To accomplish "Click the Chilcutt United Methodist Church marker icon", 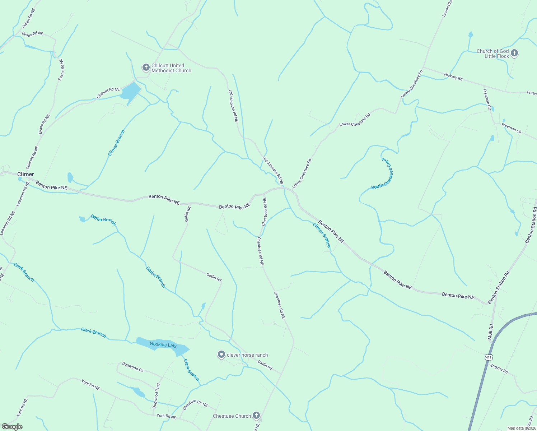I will [x=146, y=68].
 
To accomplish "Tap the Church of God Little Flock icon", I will [x=514, y=54].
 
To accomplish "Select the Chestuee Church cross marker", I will [x=256, y=416].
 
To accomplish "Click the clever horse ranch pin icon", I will [x=221, y=355].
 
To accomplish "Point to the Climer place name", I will [x=25, y=174].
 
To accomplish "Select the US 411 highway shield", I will [x=488, y=357].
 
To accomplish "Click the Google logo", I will [x=12, y=427].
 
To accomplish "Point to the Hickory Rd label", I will [x=453, y=77].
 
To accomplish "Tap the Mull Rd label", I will [x=491, y=332].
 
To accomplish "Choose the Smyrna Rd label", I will [x=499, y=369].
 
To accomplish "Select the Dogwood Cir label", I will [x=133, y=367].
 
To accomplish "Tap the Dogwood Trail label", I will [x=156, y=396].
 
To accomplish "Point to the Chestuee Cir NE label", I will [x=195, y=405].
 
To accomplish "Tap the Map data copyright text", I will [x=521, y=428].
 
